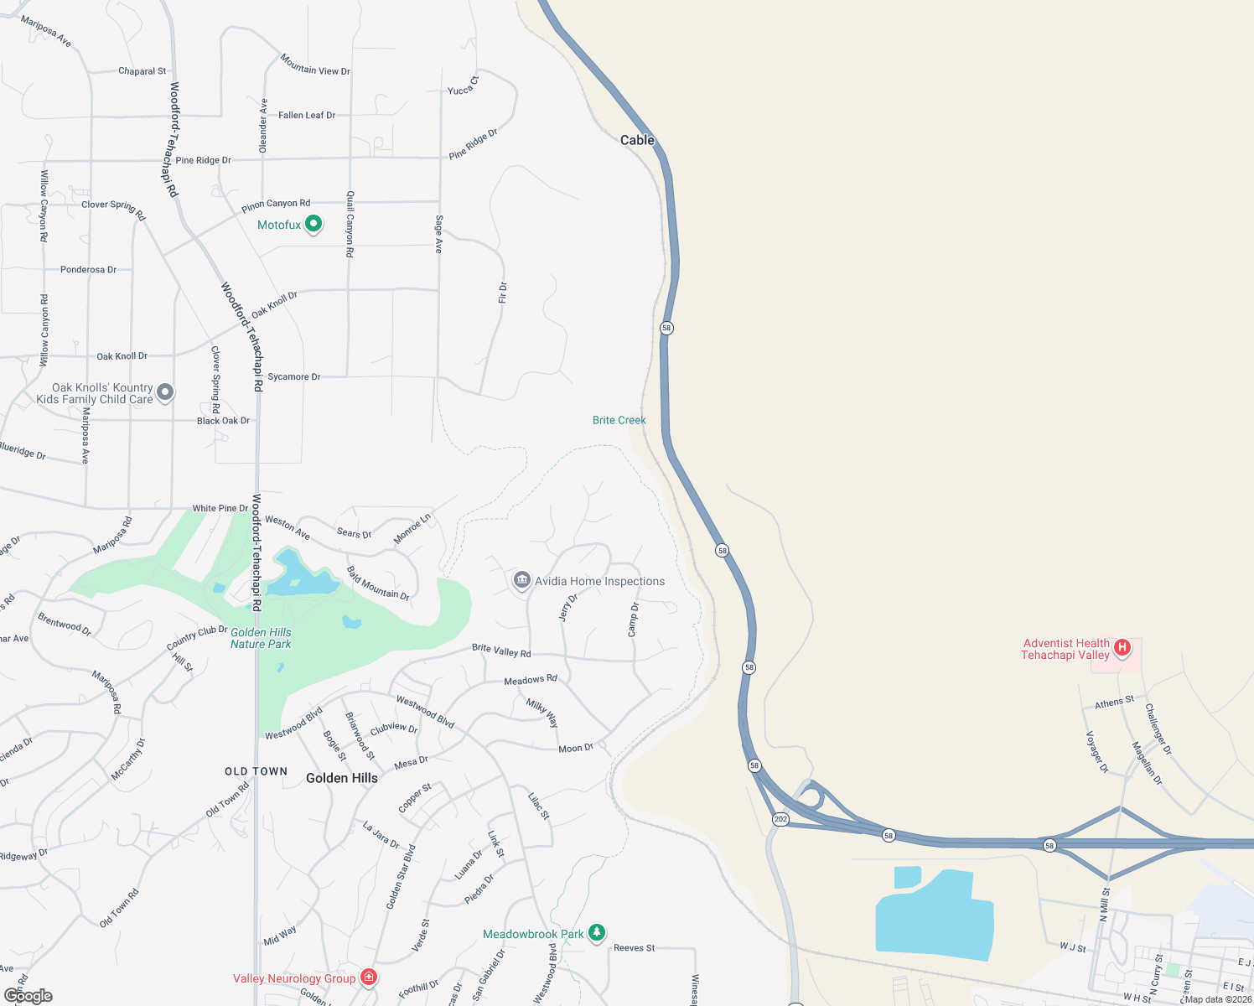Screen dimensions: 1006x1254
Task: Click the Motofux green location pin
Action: (x=313, y=224)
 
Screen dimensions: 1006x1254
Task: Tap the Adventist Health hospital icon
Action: (x=1122, y=647)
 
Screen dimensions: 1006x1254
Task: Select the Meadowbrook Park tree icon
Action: (x=597, y=932)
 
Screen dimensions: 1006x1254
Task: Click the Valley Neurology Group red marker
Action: (x=368, y=977)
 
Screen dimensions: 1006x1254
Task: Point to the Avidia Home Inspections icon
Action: (x=522, y=580)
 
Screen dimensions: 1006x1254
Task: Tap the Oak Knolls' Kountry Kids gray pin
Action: (x=165, y=392)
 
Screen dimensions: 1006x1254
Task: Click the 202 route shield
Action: (x=780, y=819)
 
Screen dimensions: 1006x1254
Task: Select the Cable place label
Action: (x=637, y=140)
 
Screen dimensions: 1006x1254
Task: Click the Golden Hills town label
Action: (x=341, y=778)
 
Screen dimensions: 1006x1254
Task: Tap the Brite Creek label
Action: (x=619, y=420)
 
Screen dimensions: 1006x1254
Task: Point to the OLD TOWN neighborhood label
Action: (x=256, y=771)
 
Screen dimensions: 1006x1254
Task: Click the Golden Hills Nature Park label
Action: (x=261, y=638)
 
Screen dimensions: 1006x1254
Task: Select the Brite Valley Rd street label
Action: (x=501, y=651)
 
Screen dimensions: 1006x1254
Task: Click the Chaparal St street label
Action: (x=142, y=71)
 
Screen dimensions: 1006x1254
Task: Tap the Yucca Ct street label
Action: (x=463, y=86)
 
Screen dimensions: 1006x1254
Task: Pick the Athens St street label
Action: (x=1114, y=702)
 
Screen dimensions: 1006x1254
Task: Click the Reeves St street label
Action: (x=634, y=947)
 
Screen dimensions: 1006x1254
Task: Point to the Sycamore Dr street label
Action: (x=293, y=376)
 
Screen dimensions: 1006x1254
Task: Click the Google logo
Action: (x=28, y=996)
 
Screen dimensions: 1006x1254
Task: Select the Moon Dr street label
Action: (x=575, y=748)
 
